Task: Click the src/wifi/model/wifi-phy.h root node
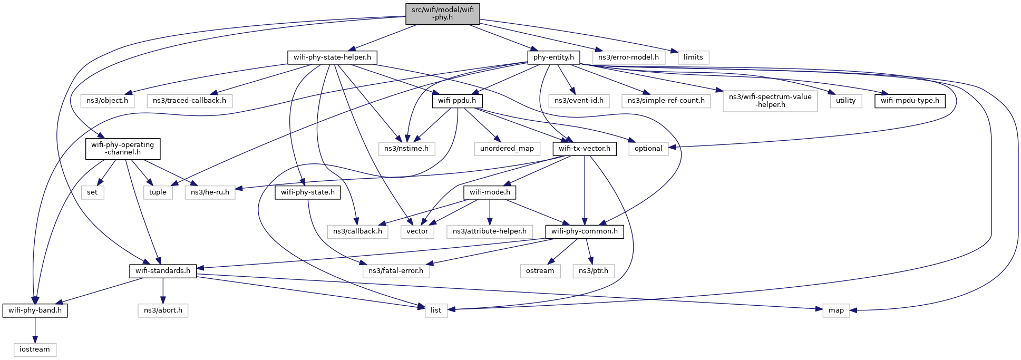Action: click(x=443, y=14)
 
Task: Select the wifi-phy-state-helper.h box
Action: click(x=332, y=57)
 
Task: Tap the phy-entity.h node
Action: click(x=553, y=57)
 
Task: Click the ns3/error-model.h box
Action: click(x=628, y=57)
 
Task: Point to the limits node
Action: click(x=693, y=57)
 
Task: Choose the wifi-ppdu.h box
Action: click(x=457, y=101)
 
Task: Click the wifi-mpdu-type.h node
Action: click(x=910, y=101)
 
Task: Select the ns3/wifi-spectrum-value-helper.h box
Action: click(x=770, y=101)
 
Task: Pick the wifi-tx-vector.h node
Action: click(x=585, y=149)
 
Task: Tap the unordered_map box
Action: click(x=507, y=149)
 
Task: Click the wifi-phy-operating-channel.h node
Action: click(x=123, y=149)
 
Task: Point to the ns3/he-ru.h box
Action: click(x=210, y=192)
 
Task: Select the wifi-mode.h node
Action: click(x=490, y=192)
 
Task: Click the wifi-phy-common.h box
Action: click(x=585, y=231)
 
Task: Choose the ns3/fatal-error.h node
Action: click(x=396, y=271)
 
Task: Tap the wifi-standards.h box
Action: click(x=163, y=271)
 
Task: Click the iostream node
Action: click(x=35, y=349)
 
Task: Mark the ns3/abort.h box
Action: click(x=163, y=310)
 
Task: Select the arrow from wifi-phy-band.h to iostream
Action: click(x=35, y=330)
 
